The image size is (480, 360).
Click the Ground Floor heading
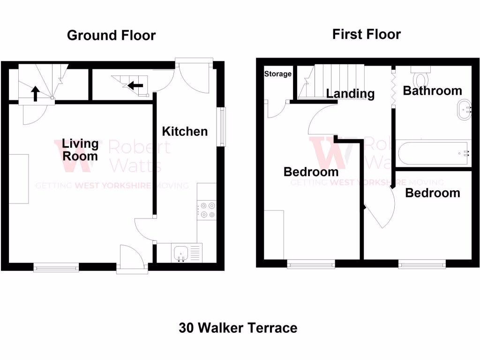(x=111, y=35)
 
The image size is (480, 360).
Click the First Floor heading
(x=367, y=34)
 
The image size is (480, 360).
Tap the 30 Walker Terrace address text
(x=238, y=328)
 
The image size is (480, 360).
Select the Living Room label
(x=81, y=150)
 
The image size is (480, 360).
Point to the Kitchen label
(x=185, y=131)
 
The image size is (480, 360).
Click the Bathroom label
(x=432, y=90)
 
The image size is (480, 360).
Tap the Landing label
(x=350, y=94)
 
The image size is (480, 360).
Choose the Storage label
(x=278, y=74)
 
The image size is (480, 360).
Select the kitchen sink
(x=181, y=254)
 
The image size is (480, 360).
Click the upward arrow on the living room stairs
(x=35, y=93)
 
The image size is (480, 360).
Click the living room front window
(x=56, y=267)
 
